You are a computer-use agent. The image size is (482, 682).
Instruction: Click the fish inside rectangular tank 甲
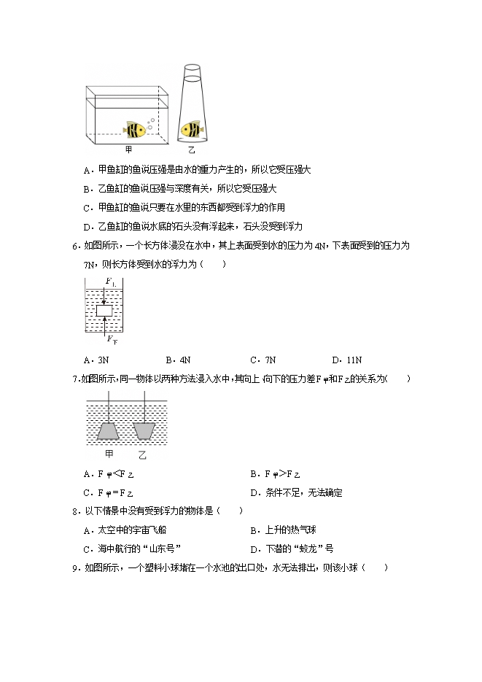(x=135, y=130)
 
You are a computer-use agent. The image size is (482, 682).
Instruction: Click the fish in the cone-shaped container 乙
(x=191, y=129)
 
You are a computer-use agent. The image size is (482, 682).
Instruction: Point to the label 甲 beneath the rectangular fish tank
(x=129, y=150)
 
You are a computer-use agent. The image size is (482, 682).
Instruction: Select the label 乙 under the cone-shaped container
(x=191, y=150)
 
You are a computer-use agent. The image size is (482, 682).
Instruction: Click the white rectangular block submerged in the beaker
(x=104, y=311)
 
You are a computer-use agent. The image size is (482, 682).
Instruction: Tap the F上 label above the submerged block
(x=109, y=281)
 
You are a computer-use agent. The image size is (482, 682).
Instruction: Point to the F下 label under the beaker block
(x=111, y=339)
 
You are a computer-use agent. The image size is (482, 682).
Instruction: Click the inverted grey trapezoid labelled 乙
(x=145, y=430)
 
